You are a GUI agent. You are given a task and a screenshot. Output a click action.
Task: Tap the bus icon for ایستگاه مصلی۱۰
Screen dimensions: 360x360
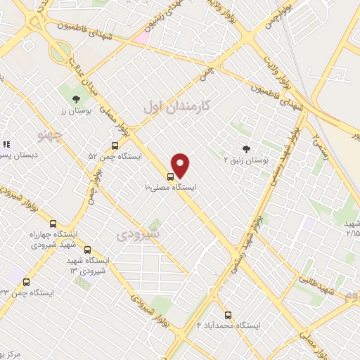pos(170,176)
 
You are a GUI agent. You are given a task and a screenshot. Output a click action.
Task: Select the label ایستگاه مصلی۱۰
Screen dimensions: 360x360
pos(171,188)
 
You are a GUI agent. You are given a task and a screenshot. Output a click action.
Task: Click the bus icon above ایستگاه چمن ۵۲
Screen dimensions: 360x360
pos(115,146)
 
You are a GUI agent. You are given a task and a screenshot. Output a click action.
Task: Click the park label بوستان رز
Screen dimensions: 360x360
pos(72,110)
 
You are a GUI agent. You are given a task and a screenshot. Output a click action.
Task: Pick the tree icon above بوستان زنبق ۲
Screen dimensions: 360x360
pos(245,148)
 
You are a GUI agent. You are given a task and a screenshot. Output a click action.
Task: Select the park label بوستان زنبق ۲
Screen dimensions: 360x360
pos(246,160)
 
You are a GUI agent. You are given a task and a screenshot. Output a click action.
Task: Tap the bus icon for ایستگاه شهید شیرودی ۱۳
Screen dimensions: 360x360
pos(87,250)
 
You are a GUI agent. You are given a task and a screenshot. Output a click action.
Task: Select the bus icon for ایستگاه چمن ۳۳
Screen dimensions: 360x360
pos(26,282)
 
